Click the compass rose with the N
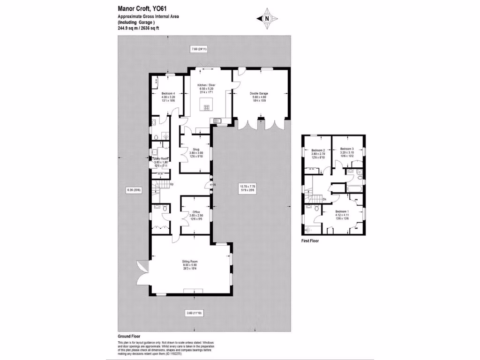point(267,19)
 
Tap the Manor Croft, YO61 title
point(142,8)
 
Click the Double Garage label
point(259,94)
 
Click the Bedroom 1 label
point(341,211)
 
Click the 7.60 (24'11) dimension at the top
point(199,49)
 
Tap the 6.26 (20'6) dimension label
point(134,190)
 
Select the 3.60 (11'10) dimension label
point(193,313)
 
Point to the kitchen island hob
point(206,108)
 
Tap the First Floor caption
point(310,241)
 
